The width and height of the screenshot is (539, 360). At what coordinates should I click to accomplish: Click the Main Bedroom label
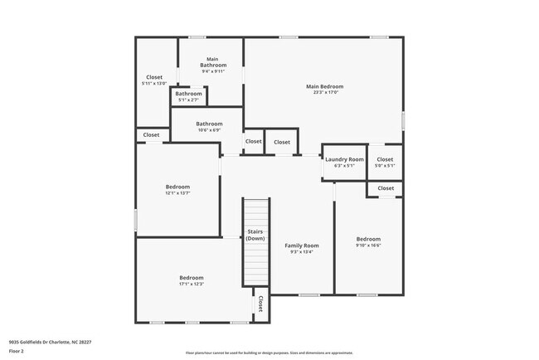(324, 86)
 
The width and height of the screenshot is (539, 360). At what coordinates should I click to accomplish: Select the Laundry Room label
(344, 159)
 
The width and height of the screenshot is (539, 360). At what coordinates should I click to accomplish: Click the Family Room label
(302, 246)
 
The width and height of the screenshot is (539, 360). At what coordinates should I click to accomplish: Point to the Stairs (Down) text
(255, 235)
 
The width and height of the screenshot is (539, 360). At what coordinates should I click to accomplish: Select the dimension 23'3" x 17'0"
(324, 93)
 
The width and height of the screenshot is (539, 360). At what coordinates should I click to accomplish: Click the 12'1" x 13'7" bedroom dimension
(177, 193)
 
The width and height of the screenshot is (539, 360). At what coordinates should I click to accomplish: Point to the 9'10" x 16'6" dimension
(368, 246)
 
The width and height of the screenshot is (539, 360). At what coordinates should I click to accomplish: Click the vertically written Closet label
(260, 304)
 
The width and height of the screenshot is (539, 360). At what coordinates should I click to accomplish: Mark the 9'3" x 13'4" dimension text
(302, 252)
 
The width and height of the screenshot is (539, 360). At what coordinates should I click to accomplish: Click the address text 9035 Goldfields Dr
(50, 342)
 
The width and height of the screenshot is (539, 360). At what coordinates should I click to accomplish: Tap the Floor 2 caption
(17, 351)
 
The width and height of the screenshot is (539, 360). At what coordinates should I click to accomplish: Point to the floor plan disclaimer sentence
(269, 353)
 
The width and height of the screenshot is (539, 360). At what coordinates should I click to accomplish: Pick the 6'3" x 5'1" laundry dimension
(344, 166)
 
